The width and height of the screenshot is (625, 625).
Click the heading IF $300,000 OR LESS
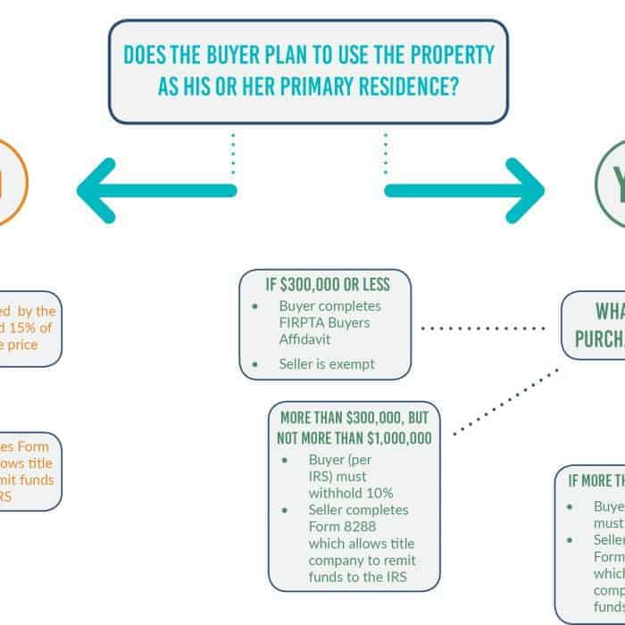tap(327, 286)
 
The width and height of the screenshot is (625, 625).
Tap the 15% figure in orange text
tap(38, 328)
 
